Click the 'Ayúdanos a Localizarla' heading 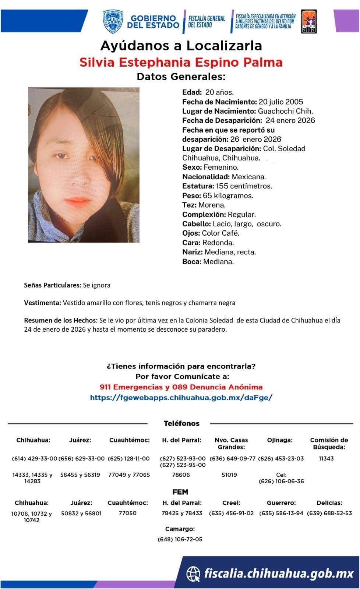click(181, 46)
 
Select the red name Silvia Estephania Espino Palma click(181, 62)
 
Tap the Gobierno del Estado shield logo click(113, 21)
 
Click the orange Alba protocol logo click(308, 22)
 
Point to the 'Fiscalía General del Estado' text click(207, 21)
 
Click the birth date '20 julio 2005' click(281, 102)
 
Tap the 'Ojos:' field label click(191, 233)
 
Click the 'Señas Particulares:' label click(52, 285)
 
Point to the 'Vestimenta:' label click(42, 303)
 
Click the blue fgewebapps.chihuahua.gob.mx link click(181, 398)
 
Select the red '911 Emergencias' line click(181, 387)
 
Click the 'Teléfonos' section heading click(181, 423)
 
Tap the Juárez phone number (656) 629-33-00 click(81, 459)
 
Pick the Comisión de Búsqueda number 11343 click(326, 459)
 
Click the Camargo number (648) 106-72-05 click(180, 539)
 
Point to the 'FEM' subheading click(180, 492)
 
